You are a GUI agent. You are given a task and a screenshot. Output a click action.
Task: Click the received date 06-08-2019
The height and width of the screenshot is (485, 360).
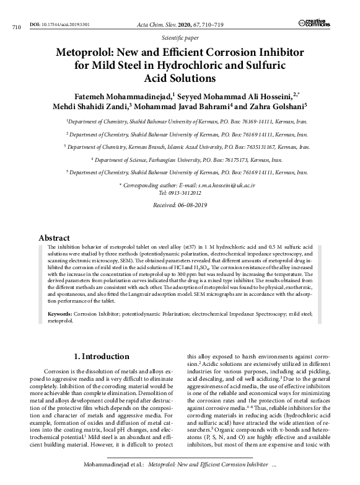coord(190,205)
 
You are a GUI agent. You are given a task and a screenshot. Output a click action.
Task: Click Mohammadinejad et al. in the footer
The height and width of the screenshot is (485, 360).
coord(115,465)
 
